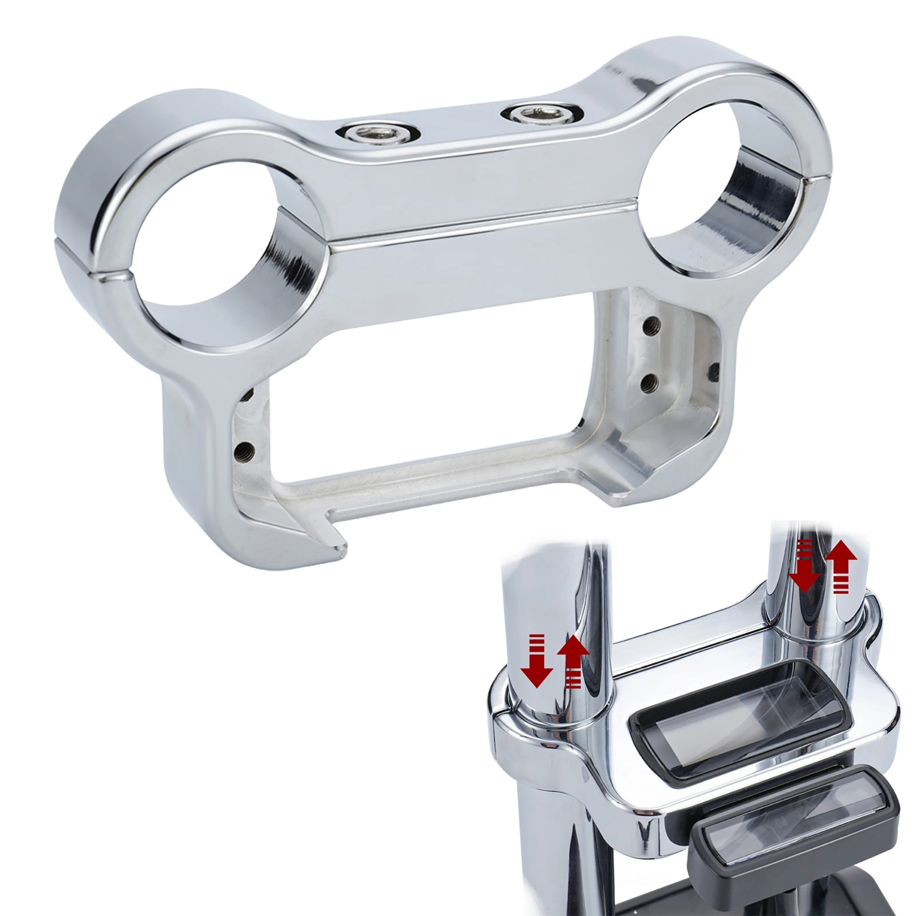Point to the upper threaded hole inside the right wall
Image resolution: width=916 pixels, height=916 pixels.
(649, 327)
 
